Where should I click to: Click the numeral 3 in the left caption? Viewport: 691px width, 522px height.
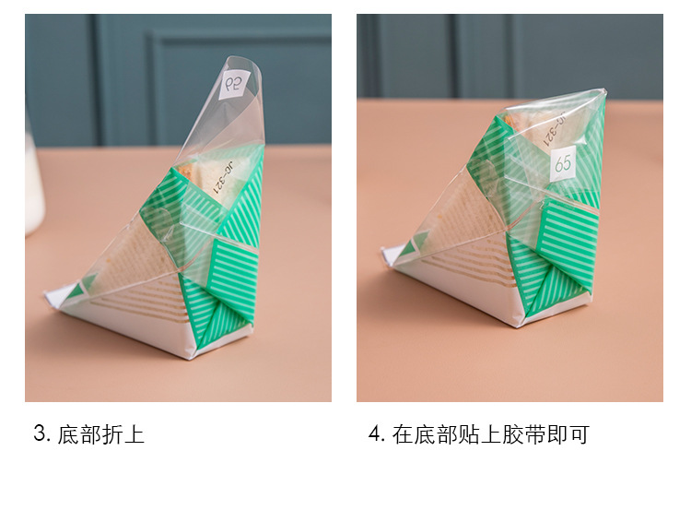pyautogui.click(x=40, y=434)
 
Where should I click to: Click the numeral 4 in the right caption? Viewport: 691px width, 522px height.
pyautogui.click(x=375, y=434)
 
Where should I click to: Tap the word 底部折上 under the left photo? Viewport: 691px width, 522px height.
pyautogui.click(x=101, y=434)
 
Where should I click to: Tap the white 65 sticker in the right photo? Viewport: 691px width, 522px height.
pyautogui.click(x=563, y=164)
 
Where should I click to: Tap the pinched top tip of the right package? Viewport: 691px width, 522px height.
pyautogui.click(x=601, y=91)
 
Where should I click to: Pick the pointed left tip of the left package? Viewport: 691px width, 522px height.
pyautogui.click(x=49, y=296)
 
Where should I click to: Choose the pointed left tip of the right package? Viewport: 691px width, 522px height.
pyautogui.click(x=386, y=250)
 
